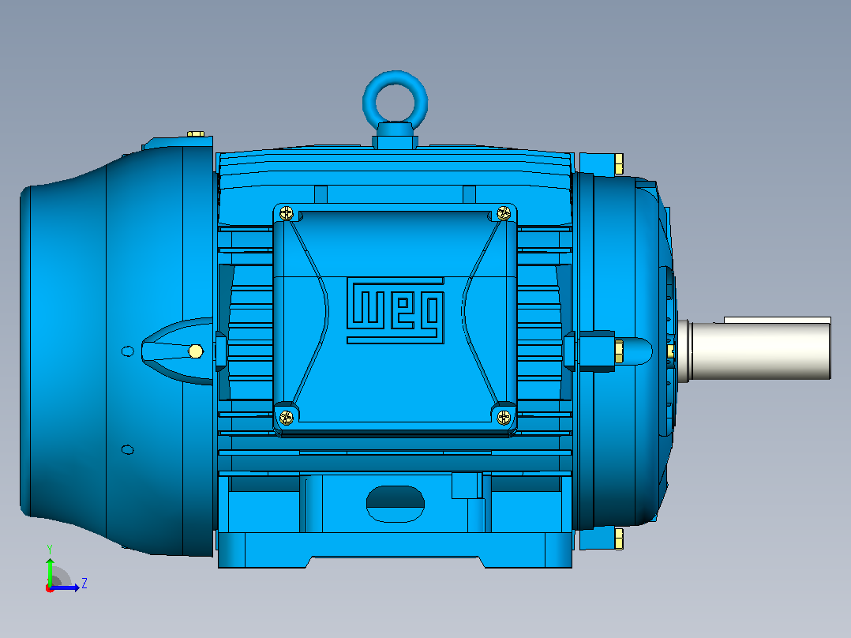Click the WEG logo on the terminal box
pyautogui.click(x=396, y=310)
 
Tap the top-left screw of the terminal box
pyautogui.click(x=287, y=213)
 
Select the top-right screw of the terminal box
pyautogui.click(x=504, y=212)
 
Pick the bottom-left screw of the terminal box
pyautogui.click(x=286, y=418)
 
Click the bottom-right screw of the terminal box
pyautogui.click(x=504, y=417)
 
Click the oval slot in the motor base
pyautogui.click(x=395, y=504)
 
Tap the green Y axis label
pyautogui.click(x=50, y=549)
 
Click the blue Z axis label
pyautogui.click(x=84, y=584)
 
